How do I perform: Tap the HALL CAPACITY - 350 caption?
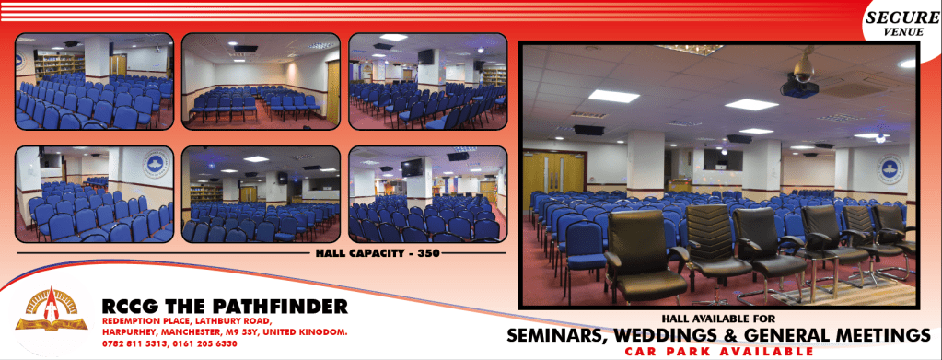click(378, 253)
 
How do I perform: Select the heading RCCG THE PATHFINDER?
click(225, 307)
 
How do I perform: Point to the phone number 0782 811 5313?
click(130, 344)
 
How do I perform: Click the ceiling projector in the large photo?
click(801, 79)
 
